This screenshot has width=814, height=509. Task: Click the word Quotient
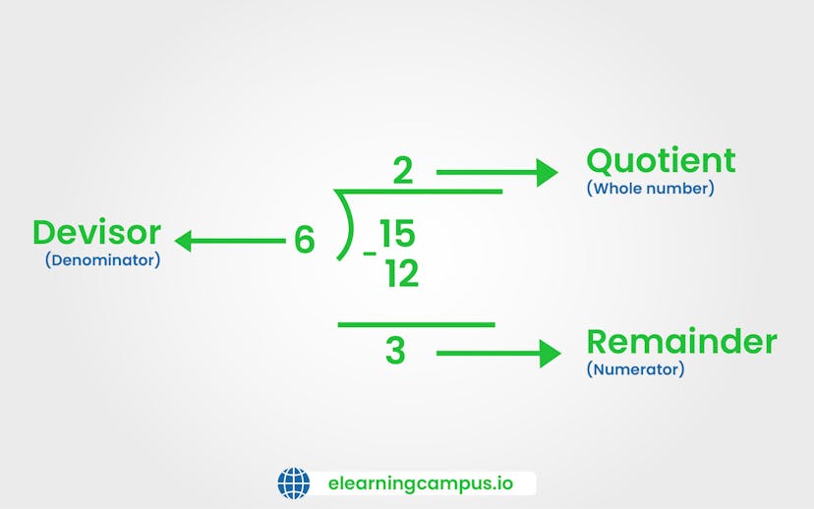(x=661, y=160)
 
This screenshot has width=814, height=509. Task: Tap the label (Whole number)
(x=650, y=188)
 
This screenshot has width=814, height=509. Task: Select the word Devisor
(x=96, y=233)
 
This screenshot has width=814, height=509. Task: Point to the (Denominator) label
(x=102, y=261)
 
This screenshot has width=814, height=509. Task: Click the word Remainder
(x=681, y=342)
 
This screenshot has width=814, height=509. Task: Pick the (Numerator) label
(x=635, y=369)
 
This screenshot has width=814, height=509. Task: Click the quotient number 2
(x=402, y=172)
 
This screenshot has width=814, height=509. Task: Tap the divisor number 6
(x=305, y=241)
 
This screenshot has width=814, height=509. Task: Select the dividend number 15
(x=398, y=234)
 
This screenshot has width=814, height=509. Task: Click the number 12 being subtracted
(x=401, y=274)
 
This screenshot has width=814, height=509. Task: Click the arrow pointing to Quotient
(x=496, y=173)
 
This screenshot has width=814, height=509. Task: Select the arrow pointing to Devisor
(x=229, y=239)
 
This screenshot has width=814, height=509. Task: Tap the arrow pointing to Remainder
(x=498, y=353)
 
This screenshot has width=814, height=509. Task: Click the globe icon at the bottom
(x=294, y=483)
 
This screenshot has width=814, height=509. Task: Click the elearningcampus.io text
(x=420, y=483)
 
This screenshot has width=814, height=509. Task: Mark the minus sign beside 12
(x=370, y=254)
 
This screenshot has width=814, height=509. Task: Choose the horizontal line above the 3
(x=416, y=324)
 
